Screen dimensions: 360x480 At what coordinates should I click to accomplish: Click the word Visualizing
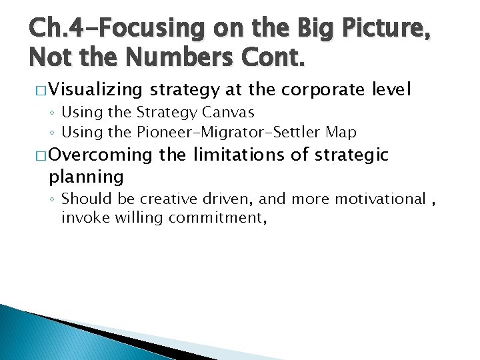tap(95, 89)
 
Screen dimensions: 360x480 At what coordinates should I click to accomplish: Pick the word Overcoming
tap(101, 155)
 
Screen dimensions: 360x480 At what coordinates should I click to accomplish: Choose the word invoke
tap(81, 217)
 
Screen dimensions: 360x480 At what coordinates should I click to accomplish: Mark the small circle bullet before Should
tap(53, 199)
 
